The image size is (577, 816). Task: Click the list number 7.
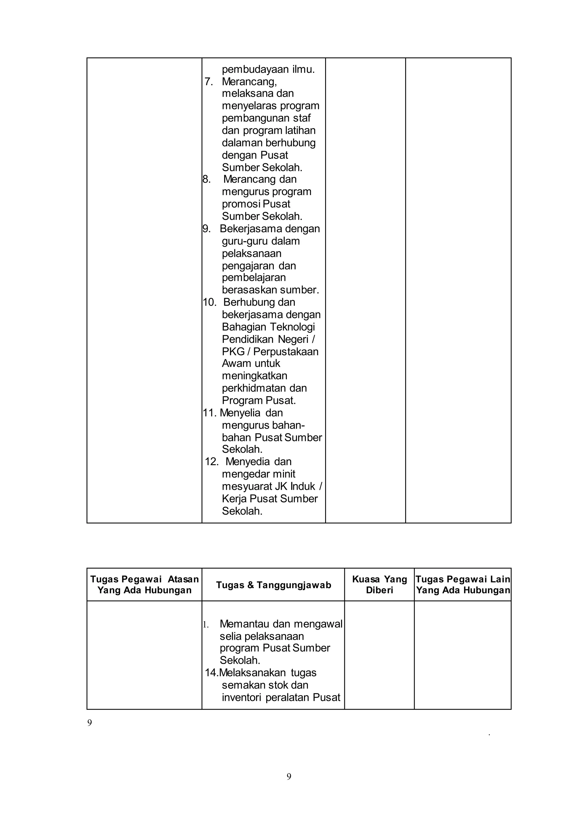[x=208, y=82]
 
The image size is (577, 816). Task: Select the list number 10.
[x=209, y=302]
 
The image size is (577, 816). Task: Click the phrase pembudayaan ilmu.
[x=268, y=69]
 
